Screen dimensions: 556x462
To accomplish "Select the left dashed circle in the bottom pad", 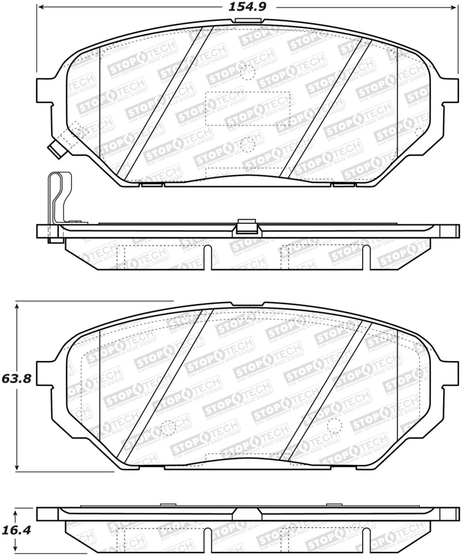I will click(167, 426).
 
